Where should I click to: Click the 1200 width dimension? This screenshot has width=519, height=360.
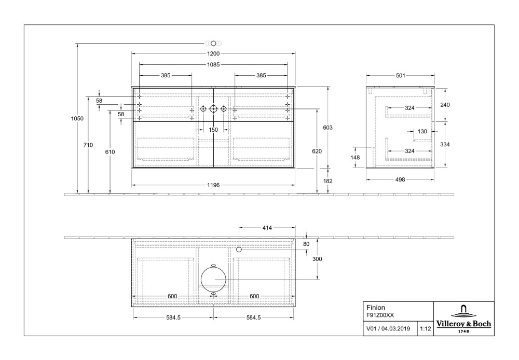click(213, 53)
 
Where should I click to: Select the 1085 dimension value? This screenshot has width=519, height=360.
click(213, 65)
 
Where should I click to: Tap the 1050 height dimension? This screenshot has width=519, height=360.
click(77, 118)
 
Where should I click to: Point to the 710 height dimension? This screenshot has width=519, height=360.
click(88, 145)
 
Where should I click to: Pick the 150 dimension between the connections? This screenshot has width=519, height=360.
click(213, 130)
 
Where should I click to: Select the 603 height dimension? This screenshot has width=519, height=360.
click(328, 127)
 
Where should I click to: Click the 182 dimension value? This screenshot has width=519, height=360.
click(328, 181)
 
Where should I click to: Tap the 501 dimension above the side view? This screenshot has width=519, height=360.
click(401, 76)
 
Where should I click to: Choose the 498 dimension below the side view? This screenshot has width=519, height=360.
click(401, 179)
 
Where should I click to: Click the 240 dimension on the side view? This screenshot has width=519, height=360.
click(445, 105)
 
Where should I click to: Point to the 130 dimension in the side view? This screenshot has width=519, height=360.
click(422, 131)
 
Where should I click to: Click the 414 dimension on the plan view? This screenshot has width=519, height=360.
click(267, 227)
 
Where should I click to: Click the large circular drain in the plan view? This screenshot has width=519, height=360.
click(213, 279)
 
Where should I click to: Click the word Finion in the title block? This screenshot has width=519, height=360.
click(376, 307)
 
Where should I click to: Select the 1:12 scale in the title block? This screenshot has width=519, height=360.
click(426, 328)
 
